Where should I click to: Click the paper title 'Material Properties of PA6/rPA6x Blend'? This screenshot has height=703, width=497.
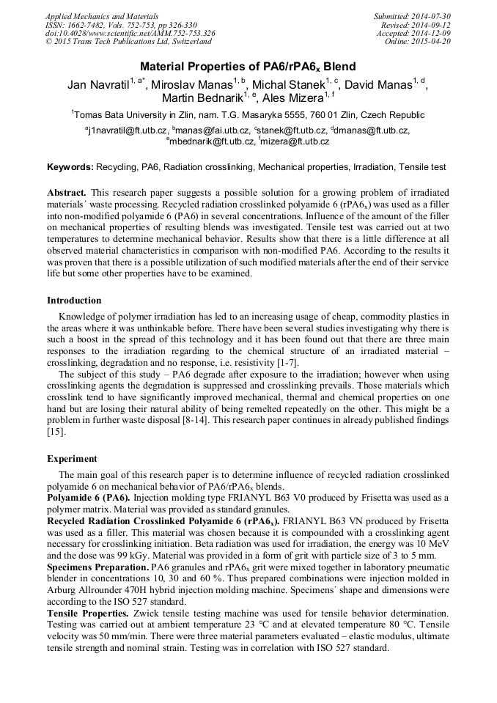click(248, 66)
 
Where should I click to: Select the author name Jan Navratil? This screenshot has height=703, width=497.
click(98, 84)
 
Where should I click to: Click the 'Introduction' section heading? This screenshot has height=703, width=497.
click(74, 301)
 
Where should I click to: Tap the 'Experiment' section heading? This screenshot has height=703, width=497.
click(72, 458)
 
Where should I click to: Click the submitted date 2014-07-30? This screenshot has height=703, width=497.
click(432, 16)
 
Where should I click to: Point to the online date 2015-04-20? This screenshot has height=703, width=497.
click(432, 42)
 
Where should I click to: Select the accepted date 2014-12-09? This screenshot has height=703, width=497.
click(432, 33)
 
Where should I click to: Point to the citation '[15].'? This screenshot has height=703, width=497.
click(56, 432)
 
